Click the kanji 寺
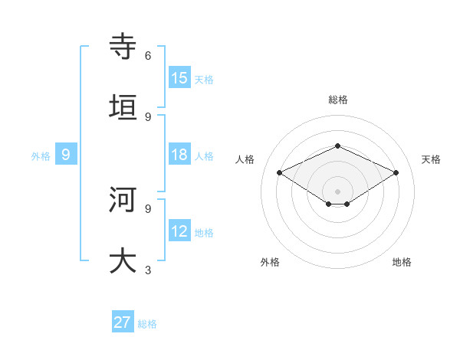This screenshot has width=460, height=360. tap(123, 47)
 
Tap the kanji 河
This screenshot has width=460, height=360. tap(123, 199)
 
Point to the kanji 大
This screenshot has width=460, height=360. tap(123, 260)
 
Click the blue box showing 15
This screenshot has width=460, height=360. tap(179, 78)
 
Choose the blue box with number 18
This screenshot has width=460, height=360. tap(179, 155)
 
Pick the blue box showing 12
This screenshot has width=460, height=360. tap(179, 231)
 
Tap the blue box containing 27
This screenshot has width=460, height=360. tap(123, 322)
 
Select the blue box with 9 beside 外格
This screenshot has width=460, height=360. tap(66, 155)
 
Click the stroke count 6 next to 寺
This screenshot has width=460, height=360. tap(148, 56)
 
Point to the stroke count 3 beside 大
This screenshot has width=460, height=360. tap(148, 270)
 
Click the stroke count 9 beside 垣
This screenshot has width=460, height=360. tap(148, 116)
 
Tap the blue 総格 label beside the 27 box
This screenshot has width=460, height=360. tap(147, 324)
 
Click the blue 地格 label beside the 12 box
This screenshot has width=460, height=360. tap(204, 233)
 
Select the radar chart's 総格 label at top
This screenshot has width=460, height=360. tap(337, 100)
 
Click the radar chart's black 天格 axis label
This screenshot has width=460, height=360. tap(431, 159)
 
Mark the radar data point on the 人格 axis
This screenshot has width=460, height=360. tap(280, 173)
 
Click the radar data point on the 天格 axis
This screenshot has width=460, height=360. tap(396, 173)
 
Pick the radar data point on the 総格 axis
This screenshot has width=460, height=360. tap(337, 146)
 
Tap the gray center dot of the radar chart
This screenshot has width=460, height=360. tap(337, 191)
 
